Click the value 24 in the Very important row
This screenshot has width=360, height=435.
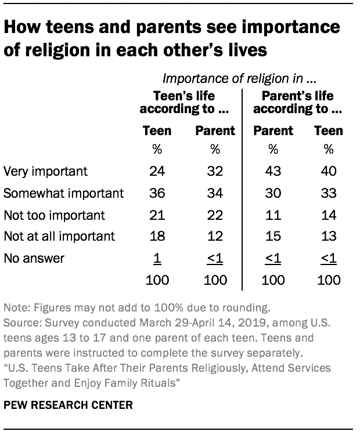(157, 171)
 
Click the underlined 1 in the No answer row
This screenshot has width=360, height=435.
(157, 259)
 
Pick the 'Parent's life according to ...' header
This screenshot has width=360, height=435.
(297, 102)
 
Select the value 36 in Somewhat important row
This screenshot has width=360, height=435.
(157, 193)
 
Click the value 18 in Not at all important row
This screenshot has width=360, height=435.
(157, 237)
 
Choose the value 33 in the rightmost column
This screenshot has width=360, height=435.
(329, 193)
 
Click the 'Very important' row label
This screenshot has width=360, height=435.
(45, 171)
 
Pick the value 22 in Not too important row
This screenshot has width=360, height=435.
(215, 215)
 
